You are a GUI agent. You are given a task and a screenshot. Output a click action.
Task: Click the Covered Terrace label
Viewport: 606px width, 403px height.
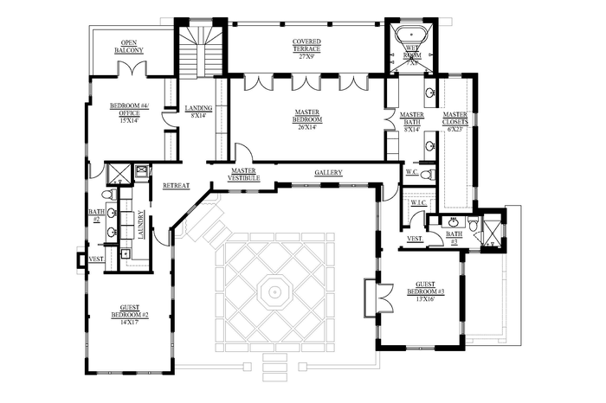pyautogui.click(x=306, y=45)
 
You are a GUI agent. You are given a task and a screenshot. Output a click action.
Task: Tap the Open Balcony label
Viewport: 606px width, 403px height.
pyautogui.click(x=128, y=47)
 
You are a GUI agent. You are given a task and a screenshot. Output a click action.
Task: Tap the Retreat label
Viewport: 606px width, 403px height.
pyautogui.click(x=176, y=186)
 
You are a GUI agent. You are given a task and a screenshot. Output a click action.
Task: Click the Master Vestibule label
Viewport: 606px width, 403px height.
pyautogui.click(x=248, y=175)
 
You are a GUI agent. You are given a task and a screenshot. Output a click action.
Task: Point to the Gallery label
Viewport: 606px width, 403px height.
pyautogui.click(x=328, y=173)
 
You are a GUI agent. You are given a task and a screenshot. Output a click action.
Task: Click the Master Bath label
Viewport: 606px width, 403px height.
pyautogui.click(x=411, y=122)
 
